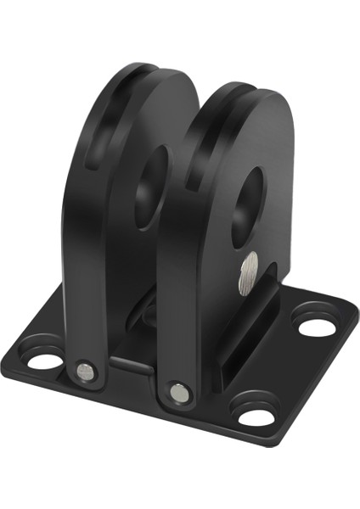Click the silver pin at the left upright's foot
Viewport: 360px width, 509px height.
[x=84, y=371]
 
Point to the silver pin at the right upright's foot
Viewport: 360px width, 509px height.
[x=178, y=392]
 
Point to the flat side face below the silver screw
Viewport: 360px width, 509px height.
[x=233, y=339]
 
